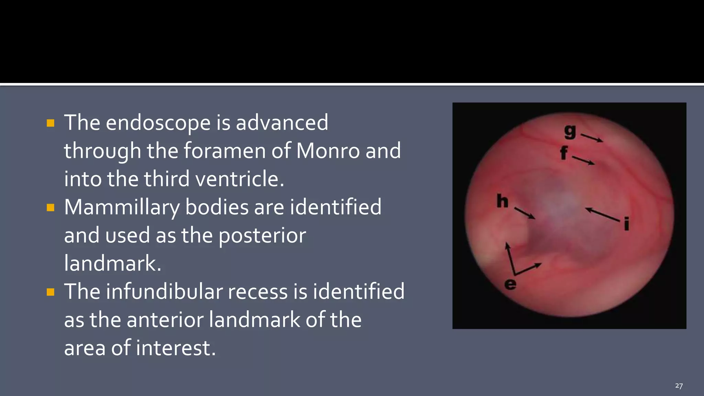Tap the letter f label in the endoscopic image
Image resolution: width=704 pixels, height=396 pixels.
pyautogui.click(x=564, y=153)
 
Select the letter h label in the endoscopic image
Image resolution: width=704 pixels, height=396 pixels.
pyautogui.click(x=502, y=201)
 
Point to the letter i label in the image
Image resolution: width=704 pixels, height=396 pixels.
pyautogui.click(x=626, y=224)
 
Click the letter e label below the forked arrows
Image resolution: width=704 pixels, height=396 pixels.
pyautogui.click(x=510, y=284)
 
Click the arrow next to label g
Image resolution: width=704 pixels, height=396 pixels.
pyautogui.click(x=592, y=138)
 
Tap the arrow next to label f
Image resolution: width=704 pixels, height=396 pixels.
pyautogui.click(x=583, y=161)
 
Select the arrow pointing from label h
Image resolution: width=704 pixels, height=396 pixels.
pyautogui.click(x=525, y=213)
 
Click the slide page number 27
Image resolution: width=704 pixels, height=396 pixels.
pyautogui.click(x=679, y=386)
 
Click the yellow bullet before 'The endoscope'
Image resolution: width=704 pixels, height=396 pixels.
pyautogui.click(x=51, y=123)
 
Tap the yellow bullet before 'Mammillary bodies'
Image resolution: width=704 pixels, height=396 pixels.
pyautogui.click(x=51, y=208)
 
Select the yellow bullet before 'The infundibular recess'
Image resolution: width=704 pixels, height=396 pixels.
pyautogui.click(x=51, y=292)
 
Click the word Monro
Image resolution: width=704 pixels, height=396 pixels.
pyautogui.click(x=328, y=151)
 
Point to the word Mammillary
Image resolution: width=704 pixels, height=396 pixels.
pyautogui.click(x=122, y=207)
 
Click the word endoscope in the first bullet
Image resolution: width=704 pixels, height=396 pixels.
pyautogui.click(x=158, y=123)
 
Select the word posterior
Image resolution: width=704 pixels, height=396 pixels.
pyautogui.click(x=262, y=236)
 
